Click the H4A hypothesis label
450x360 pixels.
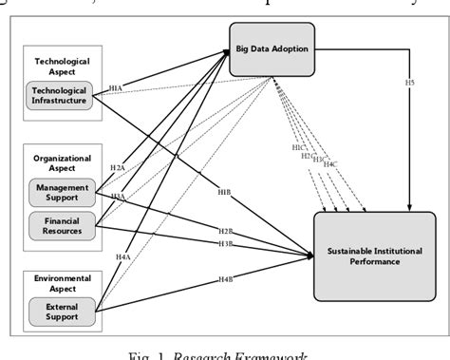[122, 257]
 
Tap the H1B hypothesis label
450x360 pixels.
[224, 192]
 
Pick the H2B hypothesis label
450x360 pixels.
[226, 231]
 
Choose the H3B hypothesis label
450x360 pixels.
[226, 244]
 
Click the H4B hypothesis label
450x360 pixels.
[226, 278]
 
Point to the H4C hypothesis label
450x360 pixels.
[329, 164]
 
